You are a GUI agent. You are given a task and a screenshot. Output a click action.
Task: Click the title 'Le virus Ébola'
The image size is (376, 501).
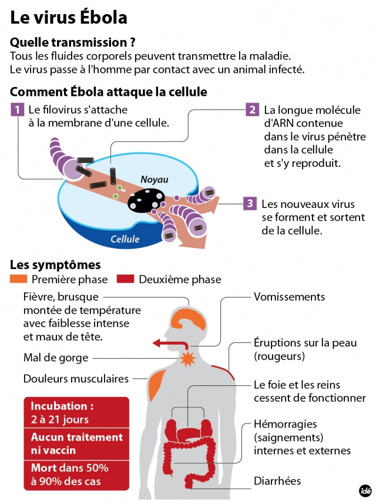(69, 18)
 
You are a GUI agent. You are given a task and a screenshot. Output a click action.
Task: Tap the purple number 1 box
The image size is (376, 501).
(17, 110)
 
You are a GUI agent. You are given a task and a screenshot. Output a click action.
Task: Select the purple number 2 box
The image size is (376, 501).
(253, 110)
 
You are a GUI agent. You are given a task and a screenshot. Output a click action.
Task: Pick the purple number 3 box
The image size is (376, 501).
(250, 203)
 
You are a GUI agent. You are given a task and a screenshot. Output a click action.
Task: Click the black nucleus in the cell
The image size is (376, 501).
(146, 201)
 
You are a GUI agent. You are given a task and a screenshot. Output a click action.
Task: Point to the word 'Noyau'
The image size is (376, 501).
(155, 179)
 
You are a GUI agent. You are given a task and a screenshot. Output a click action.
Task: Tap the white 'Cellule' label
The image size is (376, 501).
(125, 239)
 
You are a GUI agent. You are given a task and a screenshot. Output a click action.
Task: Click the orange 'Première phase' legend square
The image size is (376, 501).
(19, 279)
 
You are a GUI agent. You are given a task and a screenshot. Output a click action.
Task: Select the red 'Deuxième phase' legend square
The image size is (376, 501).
(125, 279)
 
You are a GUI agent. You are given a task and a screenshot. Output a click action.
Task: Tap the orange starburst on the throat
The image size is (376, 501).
(187, 358)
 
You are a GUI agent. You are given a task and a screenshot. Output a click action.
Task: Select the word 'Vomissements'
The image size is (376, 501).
(290, 297)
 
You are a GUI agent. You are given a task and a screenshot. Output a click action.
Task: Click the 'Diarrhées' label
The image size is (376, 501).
(277, 481)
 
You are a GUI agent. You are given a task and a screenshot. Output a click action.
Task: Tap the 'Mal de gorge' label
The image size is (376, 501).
(56, 358)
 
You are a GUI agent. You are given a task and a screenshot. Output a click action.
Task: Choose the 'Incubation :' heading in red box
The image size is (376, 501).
(62, 406)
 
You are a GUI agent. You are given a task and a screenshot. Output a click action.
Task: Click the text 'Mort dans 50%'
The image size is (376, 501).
(70, 468)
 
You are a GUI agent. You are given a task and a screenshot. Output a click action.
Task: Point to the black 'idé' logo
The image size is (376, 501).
(365, 490)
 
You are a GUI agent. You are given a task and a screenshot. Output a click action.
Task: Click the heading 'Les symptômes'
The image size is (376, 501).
(55, 265)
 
